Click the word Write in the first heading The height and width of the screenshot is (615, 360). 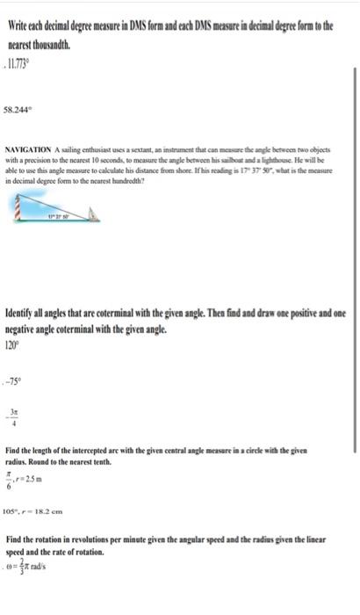18,27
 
